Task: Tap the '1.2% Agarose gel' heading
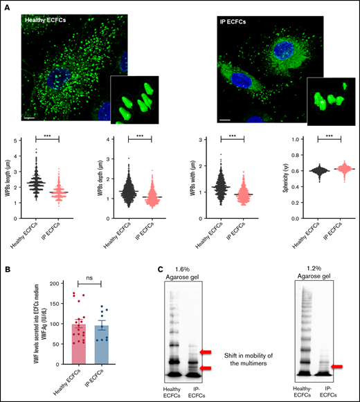tap(310, 275)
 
